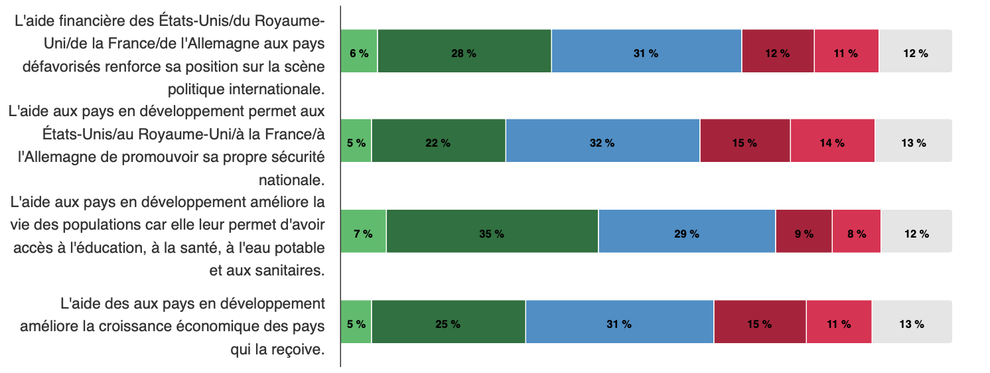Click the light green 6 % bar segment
(359, 51)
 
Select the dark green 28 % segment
(464, 51)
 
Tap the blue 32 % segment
(602, 141)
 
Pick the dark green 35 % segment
(492, 231)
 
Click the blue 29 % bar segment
(686, 231)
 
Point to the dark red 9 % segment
(804, 231)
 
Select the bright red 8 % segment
(856, 231)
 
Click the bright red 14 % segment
(832, 141)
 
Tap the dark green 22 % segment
(438, 141)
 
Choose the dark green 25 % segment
(448, 322)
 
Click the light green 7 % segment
(363, 231)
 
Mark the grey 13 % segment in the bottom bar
(911, 322)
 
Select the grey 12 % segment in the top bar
(915, 51)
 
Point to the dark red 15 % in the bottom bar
(760, 322)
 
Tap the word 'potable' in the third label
(301, 248)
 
